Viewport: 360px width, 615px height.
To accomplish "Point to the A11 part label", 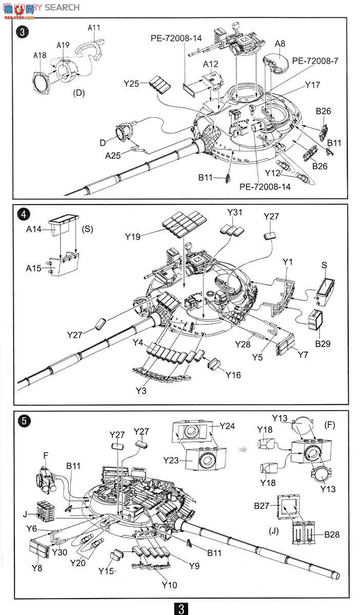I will [94, 28].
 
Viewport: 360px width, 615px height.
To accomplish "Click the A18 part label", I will [41, 55].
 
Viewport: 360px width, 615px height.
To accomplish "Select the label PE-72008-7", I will [315, 60].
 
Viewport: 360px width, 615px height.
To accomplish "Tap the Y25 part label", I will [132, 83].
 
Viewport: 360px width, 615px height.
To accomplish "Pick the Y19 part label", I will [133, 236].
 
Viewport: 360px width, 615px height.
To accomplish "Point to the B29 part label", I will [323, 343].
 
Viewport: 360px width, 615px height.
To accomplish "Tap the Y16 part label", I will [233, 375].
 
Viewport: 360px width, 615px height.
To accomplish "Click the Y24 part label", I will [227, 426].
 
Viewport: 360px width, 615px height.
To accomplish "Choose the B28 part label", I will [331, 535].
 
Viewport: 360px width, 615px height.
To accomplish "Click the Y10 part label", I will [169, 585].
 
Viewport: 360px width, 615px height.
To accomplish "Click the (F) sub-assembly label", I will [330, 425].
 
